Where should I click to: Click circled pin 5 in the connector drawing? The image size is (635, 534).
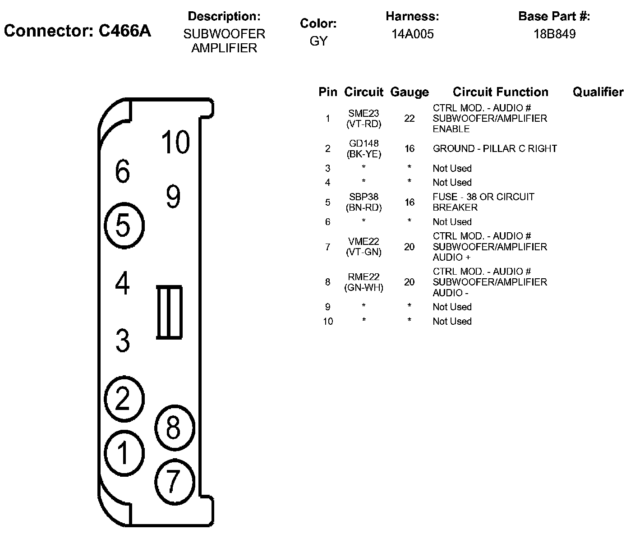(x=124, y=226)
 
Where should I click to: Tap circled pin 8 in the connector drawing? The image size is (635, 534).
(x=174, y=428)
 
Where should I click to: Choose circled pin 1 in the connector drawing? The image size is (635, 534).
(x=124, y=452)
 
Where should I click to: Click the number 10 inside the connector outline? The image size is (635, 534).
(x=175, y=142)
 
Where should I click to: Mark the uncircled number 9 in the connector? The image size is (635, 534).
(x=173, y=196)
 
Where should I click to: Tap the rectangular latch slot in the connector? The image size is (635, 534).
(x=169, y=312)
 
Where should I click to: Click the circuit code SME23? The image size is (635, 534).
(x=364, y=114)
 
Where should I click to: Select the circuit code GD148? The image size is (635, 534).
(x=364, y=143)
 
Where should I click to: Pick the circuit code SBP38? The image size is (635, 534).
(x=364, y=197)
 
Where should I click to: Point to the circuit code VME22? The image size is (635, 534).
(x=364, y=242)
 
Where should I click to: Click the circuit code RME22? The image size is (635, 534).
(x=364, y=277)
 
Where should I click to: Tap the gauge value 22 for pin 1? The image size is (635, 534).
(x=409, y=119)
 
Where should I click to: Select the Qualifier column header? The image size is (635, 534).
(x=598, y=92)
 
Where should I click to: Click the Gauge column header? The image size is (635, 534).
(x=409, y=92)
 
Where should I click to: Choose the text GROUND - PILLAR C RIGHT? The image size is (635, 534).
(x=495, y=149)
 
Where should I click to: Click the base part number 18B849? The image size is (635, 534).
(x=554, y=34)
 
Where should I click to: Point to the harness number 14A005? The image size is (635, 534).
(x=412, y=34)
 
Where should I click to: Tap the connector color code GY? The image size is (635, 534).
(x=318, y=41)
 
